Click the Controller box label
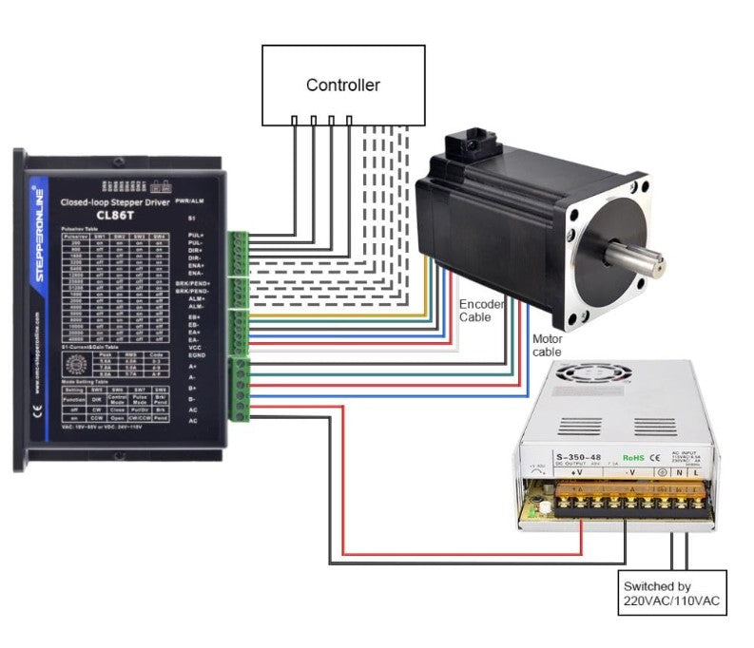342,86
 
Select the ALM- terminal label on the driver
196,306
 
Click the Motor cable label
547,344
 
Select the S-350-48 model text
554,456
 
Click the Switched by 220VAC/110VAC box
671,593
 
